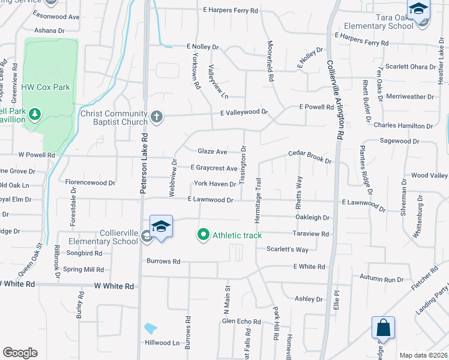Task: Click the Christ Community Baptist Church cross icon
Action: click(157, 116)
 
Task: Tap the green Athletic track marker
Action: click(203, 235)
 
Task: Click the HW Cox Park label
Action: click(46, 87)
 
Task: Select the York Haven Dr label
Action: click(214, 184)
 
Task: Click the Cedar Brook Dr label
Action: click(310, 157)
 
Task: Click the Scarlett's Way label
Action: click(287, 249)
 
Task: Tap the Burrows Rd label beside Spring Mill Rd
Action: click(163, 262)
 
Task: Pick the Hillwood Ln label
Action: click(162, 343)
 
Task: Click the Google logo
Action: click(20, 353)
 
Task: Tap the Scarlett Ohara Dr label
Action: click(410, 66)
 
